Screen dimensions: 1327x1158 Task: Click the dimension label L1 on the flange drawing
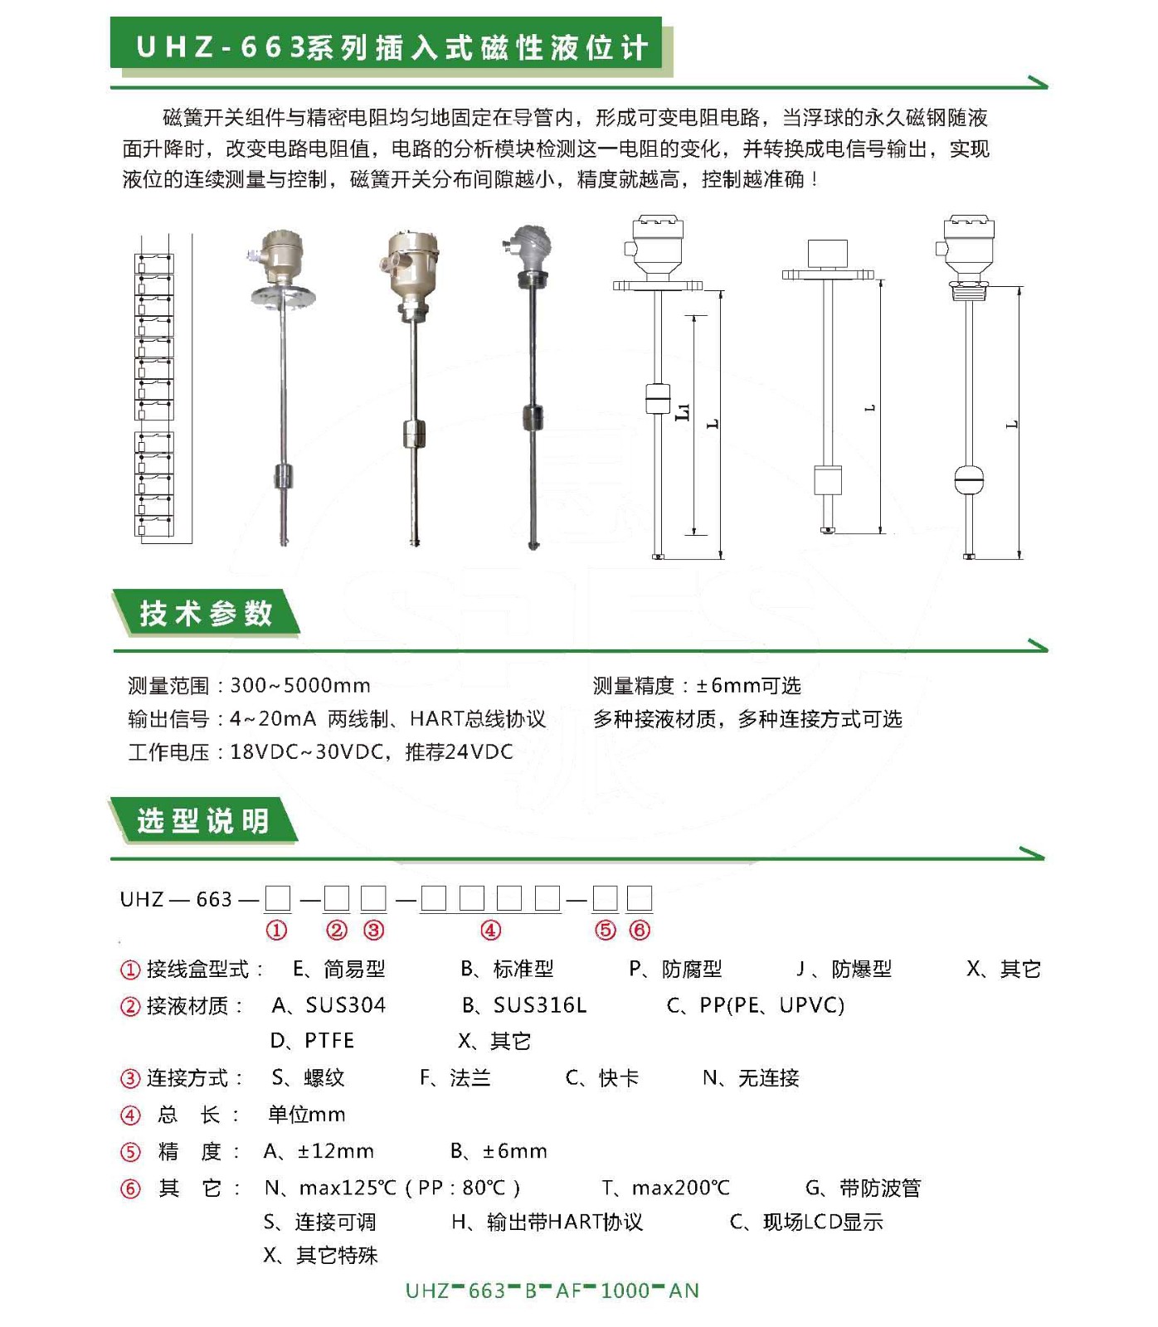tap(683, 411)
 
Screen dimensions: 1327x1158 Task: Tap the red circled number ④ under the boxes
tap(490, 931)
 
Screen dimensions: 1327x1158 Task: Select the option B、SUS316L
tap(523, 1005)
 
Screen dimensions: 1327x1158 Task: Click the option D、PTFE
tap(312, 1041)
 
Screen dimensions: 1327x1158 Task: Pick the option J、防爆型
tap(844, 969)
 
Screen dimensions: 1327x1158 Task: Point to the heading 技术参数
tap(206, 614)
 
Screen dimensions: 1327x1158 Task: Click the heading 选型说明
tap(203, 821)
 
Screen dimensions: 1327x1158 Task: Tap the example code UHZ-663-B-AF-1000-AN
tap(552, 1291)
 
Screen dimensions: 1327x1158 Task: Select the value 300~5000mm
tap(300, 686)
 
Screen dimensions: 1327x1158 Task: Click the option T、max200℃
tap(666, 1188)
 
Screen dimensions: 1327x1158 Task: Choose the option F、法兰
tap(455, 1078)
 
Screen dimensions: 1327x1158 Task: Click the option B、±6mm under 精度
tap(499, 1151)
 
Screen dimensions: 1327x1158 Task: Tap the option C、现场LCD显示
tap(806, 1222)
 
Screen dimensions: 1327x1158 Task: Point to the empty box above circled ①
tap(278, 898)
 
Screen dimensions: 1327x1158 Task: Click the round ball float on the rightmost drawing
tap(969, 479)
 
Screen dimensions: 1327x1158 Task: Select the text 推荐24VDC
tap(459, 752)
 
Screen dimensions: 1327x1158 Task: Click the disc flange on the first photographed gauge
tap(282, 293)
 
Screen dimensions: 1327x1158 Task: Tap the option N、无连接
tap(751, 1078)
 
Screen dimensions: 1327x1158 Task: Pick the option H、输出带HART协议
tap(547, 1222)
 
